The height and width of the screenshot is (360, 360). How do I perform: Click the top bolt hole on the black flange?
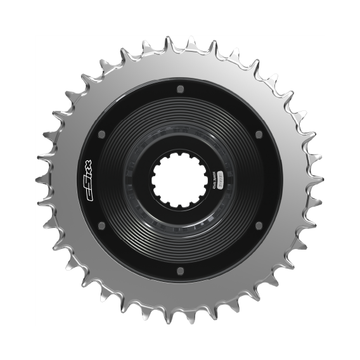point(180,88)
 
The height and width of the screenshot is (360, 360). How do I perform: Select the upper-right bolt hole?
point(259,134)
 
